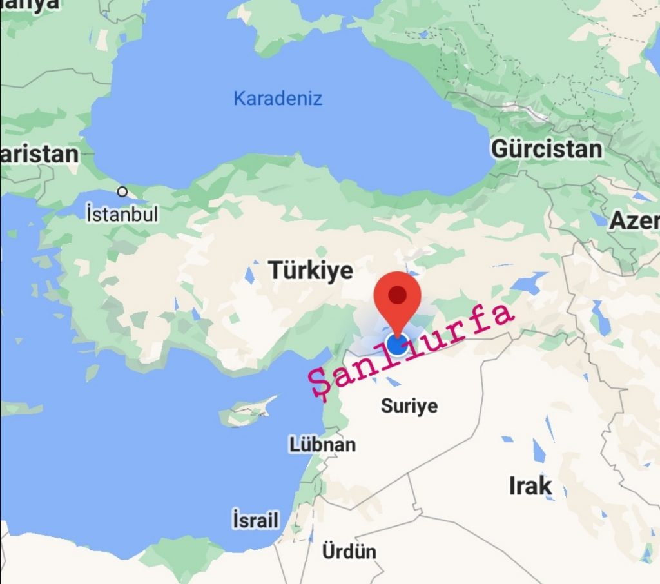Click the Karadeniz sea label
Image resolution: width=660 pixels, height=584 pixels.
click(277, 99)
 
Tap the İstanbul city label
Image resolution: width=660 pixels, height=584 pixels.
click(122, 214)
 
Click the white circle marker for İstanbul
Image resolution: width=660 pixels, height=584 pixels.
click(122, 191)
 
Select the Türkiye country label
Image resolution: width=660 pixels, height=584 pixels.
click(311, 270)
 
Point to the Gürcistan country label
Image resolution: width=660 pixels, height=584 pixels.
click(547, 149)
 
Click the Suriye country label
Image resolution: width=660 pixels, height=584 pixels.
click(409, 405)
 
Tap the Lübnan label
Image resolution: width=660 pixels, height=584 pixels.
click(322, 444)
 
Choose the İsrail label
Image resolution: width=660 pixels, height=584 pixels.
click(255, 520)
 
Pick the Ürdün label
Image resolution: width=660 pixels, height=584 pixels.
click(349, 551)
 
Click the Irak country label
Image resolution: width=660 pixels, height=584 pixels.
click(530, 485)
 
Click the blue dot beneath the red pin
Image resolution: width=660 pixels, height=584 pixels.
click(397, 346)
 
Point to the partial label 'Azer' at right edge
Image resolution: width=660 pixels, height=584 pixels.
click(634, 220)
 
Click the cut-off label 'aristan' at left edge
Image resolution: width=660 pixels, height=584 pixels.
click(39, 155)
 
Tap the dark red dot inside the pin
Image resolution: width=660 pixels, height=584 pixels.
click(398, 295)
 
